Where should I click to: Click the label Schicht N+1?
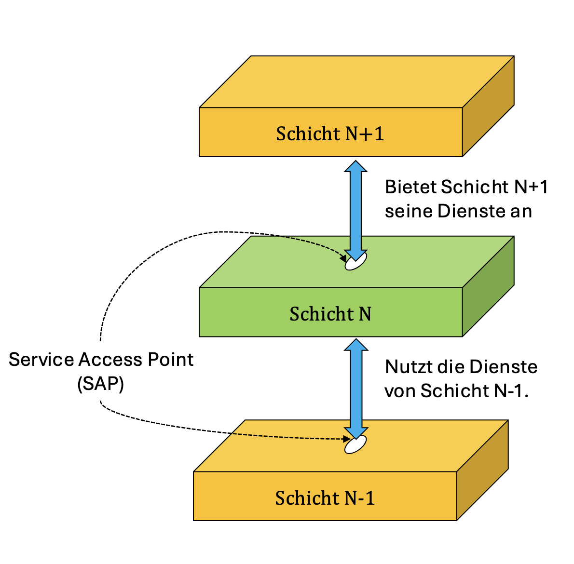coord(330,134)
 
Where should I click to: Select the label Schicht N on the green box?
coord(330,314)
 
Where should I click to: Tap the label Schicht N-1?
coord(325,497)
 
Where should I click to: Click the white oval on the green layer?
coord(356,262)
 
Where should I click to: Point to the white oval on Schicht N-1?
coord(355,444)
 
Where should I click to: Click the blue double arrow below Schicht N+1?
coord(355,207)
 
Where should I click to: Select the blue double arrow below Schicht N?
coord(355,386)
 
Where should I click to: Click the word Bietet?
coord(410,187)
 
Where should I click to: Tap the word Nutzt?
coord(408,367)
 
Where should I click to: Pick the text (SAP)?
coord(100,384)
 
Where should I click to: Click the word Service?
coord(41,360)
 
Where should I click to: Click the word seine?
coord(409,211)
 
